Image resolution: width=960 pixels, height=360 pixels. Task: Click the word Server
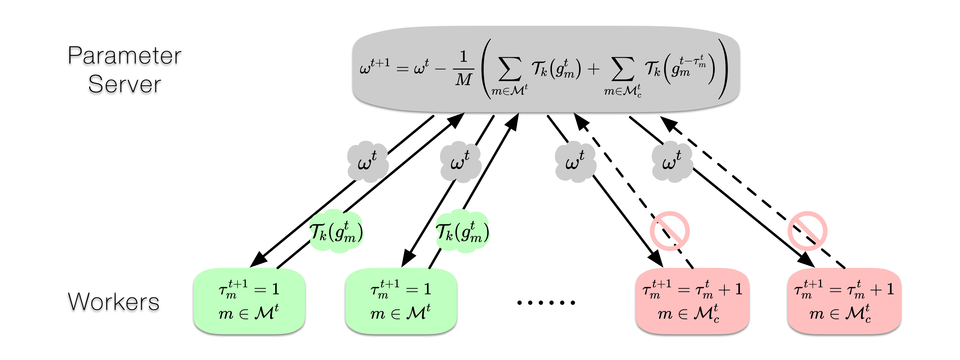click(124, 84)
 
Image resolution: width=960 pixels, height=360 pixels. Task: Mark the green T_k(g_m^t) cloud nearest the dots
click(462, 232)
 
